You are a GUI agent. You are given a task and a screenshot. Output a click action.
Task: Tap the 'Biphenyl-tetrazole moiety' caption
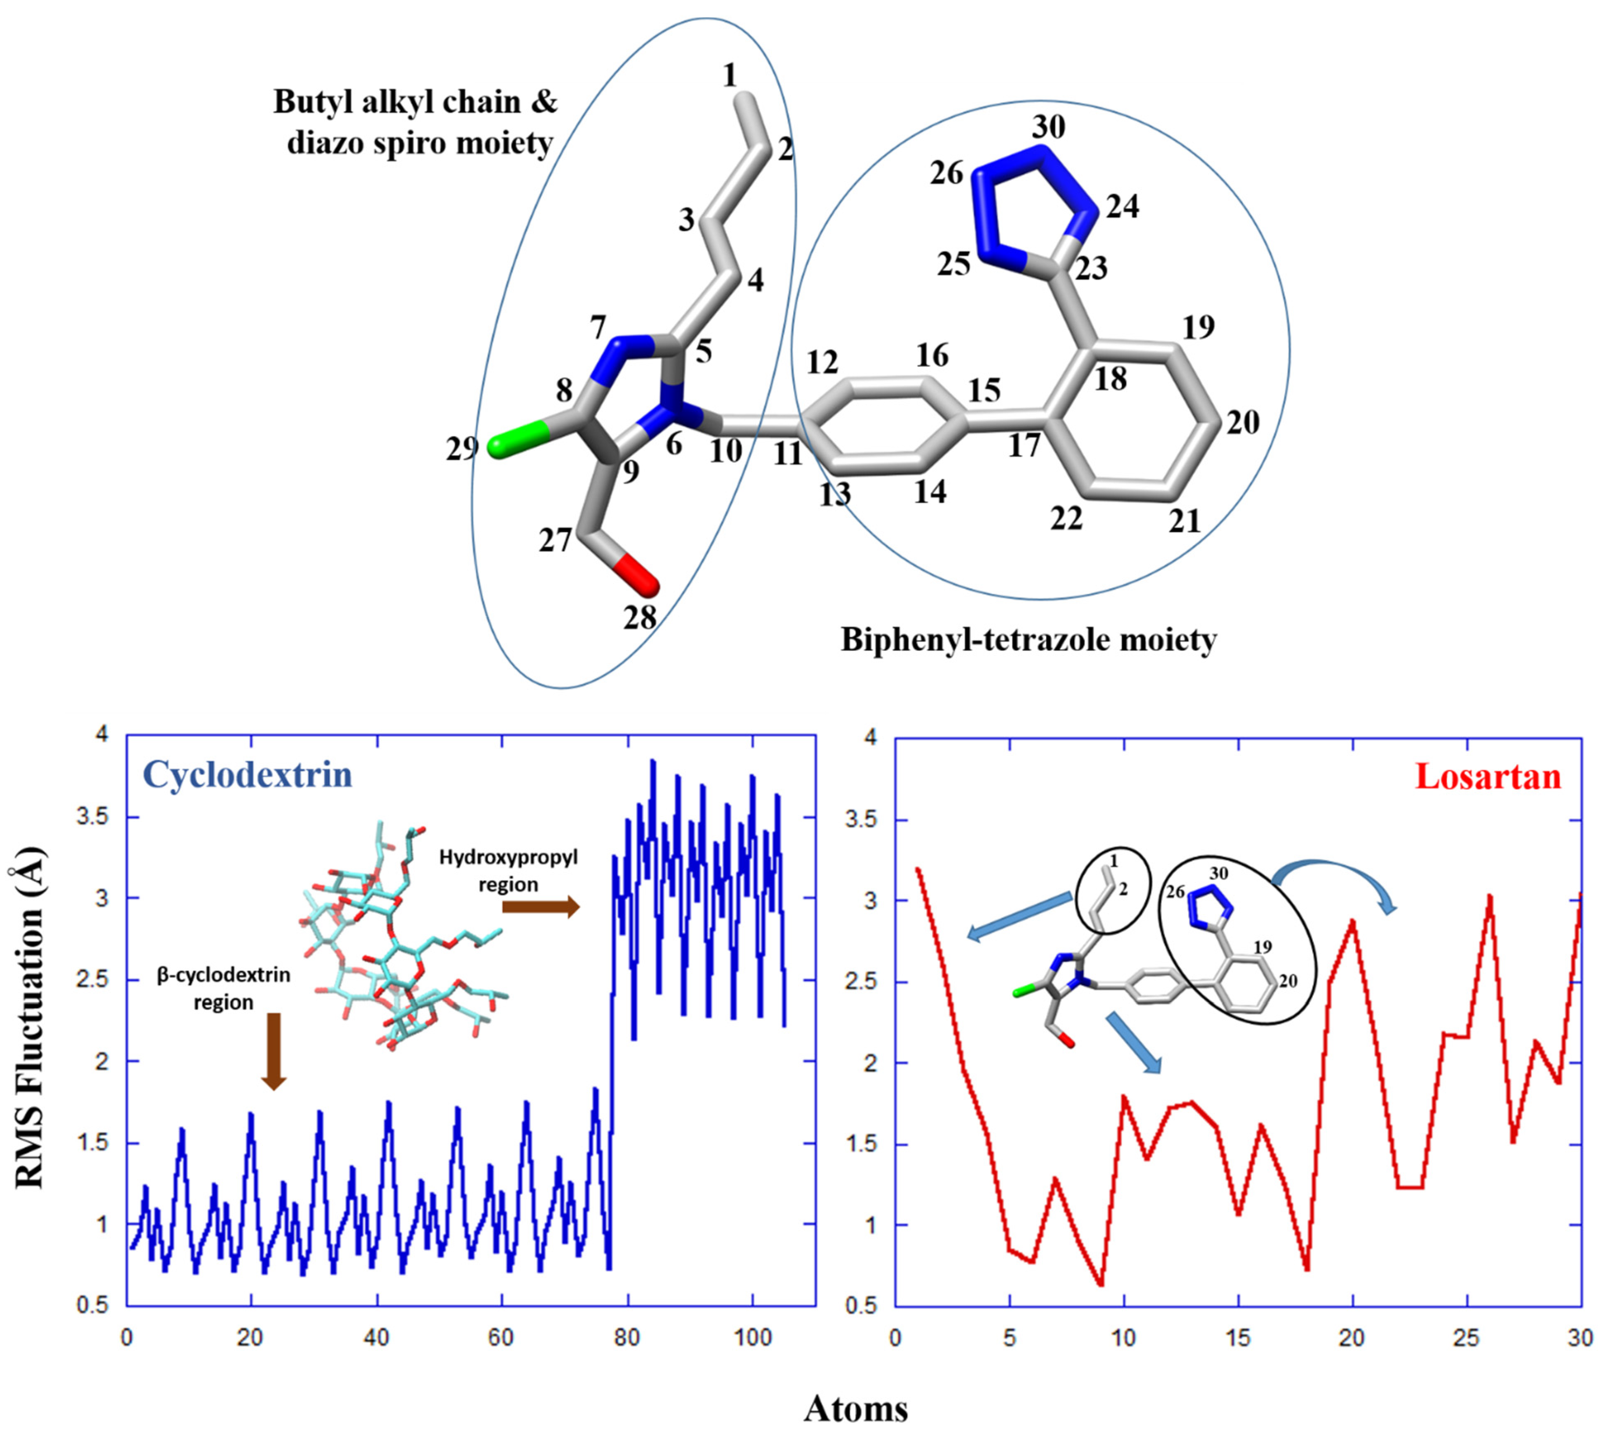pos(1028,639)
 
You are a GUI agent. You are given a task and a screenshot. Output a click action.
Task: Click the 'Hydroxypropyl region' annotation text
pos(508,870)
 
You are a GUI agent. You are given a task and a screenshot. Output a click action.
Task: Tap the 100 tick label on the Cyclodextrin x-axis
pos(752,1337)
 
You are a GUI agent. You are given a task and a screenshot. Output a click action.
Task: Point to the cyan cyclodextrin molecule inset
pos(395,940)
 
